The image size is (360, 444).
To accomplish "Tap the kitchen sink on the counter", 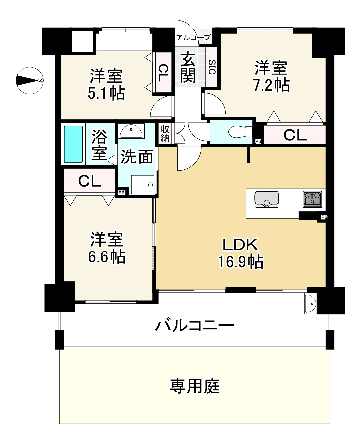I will click(x=267, y=199).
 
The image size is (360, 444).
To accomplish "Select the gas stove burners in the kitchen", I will click(x=312, y=199).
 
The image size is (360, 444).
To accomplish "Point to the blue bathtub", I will click(x=73, y=144).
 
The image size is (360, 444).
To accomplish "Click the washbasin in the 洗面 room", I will click(x=131, y=131).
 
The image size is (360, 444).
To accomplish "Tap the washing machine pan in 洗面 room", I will click(x=143, y=185).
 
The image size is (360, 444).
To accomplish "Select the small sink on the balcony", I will click(x=310, y=304).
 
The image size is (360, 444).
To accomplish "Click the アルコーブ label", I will click(x=193, y=38).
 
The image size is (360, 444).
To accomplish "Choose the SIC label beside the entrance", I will click(x=212, y=67).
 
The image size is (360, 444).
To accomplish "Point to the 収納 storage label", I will click(x=165, y=133).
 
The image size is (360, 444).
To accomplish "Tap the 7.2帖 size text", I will click(x=271, y=86).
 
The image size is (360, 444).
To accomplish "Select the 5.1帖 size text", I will click(x=106, y=94).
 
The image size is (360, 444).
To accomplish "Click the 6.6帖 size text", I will click(x=107, y=257).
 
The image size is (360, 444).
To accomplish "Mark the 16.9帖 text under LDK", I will click(x=240, y=262).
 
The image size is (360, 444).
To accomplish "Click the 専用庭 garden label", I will click(x=195, y=386).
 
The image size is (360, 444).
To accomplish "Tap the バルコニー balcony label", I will click(x=195, y=326).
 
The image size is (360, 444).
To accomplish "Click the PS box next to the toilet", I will click(x=258, y=141).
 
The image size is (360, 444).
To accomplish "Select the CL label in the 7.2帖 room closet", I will click(x=295, y=135).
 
